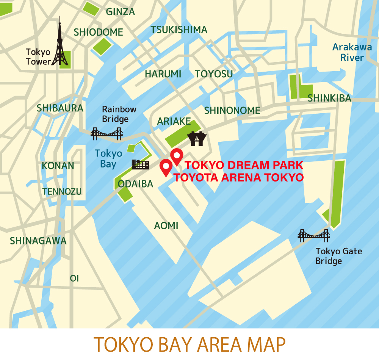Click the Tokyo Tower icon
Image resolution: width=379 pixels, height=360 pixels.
[60, 44]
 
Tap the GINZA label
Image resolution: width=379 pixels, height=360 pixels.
[121, 12]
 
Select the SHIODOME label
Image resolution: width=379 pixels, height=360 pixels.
[99, 32]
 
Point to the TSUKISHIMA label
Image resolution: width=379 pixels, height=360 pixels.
[179, 30]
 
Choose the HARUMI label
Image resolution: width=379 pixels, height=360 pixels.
[163, 74]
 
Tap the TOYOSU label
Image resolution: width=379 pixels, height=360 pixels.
[214, 74]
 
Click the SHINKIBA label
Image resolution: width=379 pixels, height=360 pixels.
[329, 98]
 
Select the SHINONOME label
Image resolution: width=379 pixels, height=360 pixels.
[232, 111]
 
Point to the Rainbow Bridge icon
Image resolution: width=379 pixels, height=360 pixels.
[106, 133]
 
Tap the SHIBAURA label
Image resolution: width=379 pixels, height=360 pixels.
[60, 108]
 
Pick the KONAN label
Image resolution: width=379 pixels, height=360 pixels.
[58, 166]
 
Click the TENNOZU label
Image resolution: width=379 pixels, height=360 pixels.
[62, 192]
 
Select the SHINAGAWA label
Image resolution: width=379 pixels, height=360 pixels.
[38, 241]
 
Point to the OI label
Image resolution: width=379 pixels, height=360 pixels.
[74, 279]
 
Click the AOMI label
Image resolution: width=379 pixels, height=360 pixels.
[166, 226]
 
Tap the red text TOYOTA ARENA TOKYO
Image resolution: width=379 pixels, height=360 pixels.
[239, 177]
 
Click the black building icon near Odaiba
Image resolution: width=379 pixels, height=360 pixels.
[140, 164]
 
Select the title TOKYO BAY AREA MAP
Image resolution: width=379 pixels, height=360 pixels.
[189, 344]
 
